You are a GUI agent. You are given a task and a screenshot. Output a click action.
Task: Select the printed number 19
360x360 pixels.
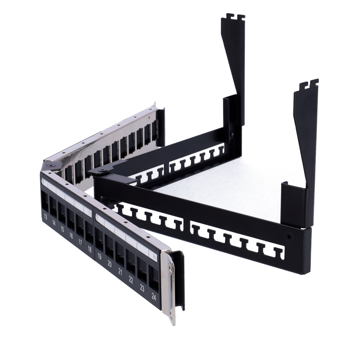tap(99, 256)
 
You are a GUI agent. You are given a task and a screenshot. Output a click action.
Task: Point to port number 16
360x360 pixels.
tap(71, 236)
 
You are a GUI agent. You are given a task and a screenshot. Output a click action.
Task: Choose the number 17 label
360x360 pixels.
tap(80, 242)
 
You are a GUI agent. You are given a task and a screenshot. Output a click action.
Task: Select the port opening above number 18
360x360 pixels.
tap(89, 230)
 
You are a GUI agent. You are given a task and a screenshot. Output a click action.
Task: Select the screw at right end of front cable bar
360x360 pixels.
tap(289, 238)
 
